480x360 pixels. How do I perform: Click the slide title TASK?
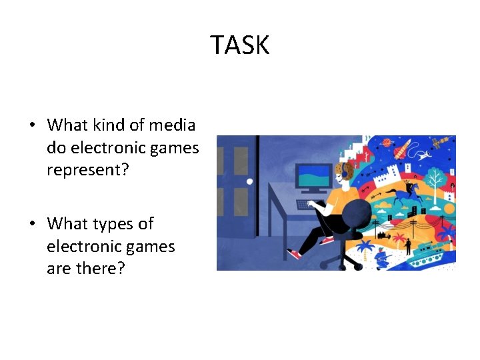coord(240,45)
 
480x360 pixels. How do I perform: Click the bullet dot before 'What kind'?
coord(32,125)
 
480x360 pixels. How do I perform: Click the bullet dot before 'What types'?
coord(32,224)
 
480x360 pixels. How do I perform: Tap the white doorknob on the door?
coord(250,181)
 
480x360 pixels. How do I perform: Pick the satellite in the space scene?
coord(442,143)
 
